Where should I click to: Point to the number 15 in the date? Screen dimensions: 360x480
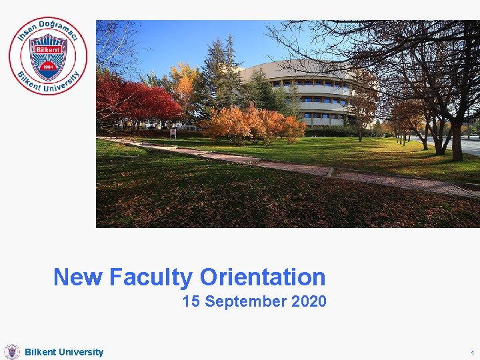tap(191, 301)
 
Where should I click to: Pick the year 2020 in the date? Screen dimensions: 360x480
tap(309, 301)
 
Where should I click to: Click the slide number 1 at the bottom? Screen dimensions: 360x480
tap(471, 353)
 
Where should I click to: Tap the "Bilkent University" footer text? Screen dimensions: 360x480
tap(64, 352)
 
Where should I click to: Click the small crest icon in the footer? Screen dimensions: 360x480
tap(11, 352)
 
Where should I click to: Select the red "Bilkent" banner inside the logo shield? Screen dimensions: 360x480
tap(48, 50)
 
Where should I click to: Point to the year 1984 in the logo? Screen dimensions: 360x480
tap(48, 67)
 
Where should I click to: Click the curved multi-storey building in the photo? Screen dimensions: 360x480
tap(307, 93)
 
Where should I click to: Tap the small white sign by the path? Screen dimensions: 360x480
tap(173, 132)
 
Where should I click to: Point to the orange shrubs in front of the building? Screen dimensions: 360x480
tap(253, 123)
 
